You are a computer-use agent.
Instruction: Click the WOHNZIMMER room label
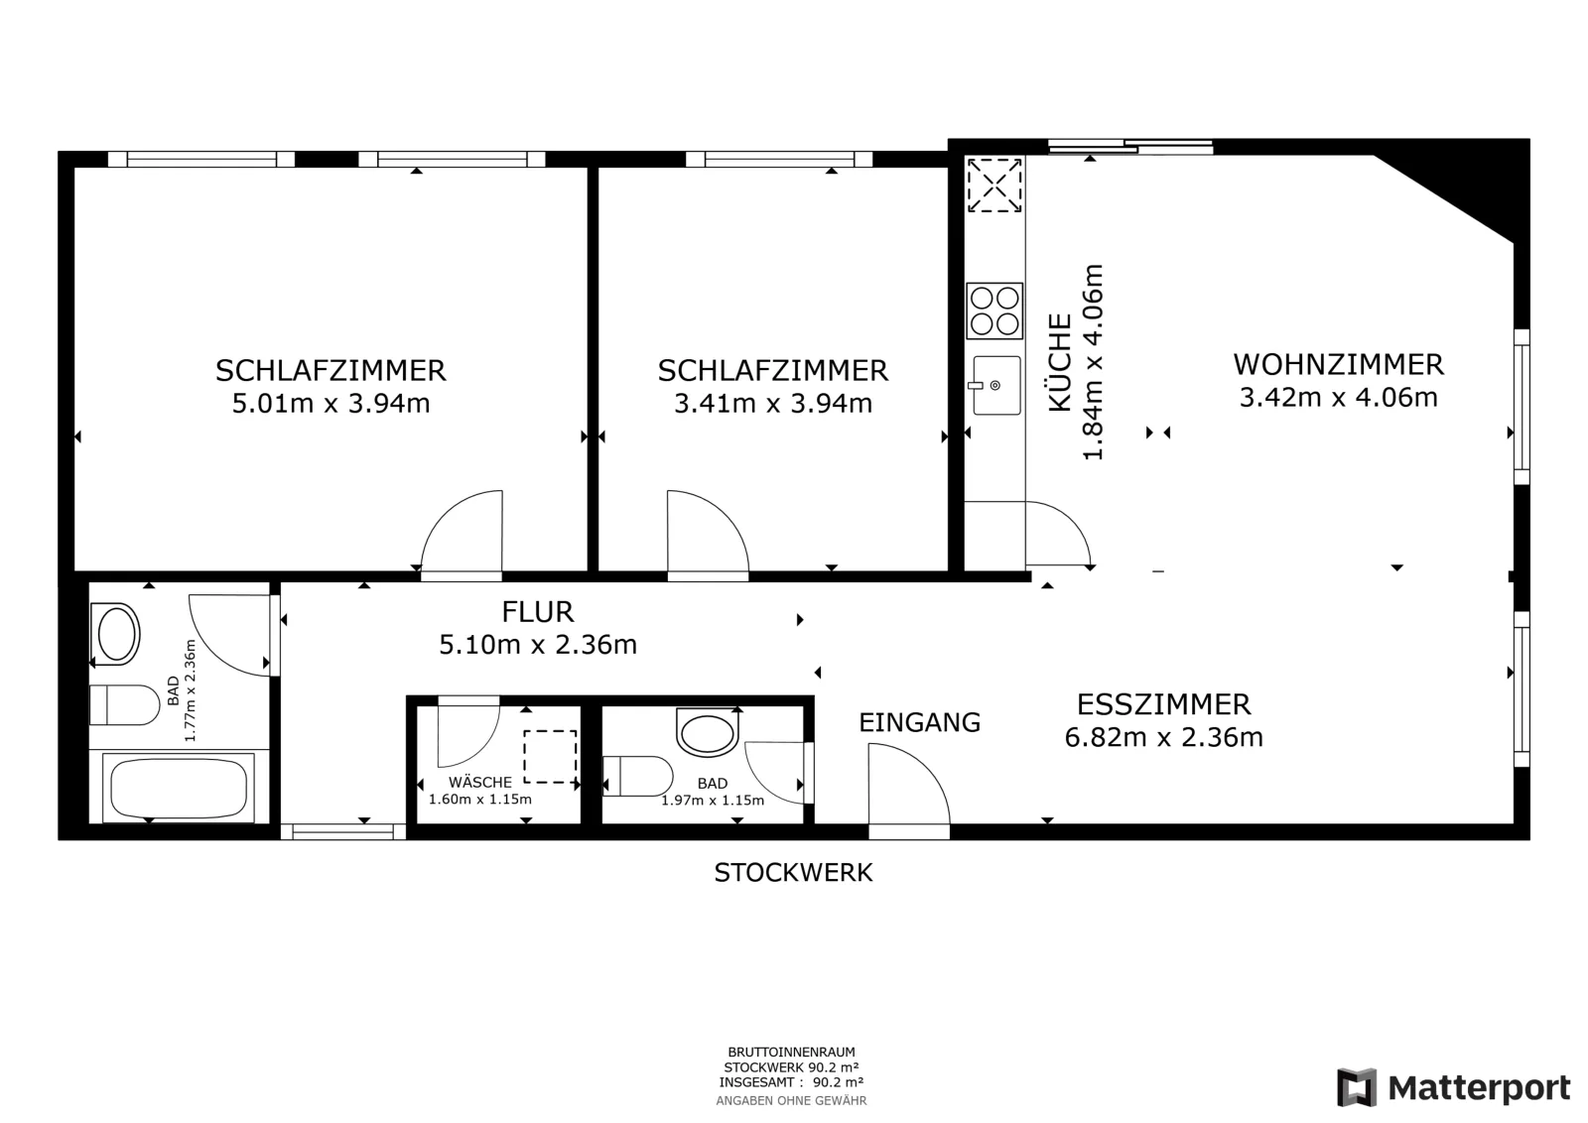pos(1338,365)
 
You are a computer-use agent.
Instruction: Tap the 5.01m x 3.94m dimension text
pos(331,403)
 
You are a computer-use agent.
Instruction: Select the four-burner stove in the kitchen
pos(994,312)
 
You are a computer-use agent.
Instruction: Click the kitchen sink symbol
pos(995,385)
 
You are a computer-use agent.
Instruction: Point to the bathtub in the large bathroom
pos(179,787)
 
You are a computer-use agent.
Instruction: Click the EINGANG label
pos(919,722)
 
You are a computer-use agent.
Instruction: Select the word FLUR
pos(537,611)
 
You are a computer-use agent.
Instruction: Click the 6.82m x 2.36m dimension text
pos(1163,737)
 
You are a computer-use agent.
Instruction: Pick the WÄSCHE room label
pos(480,782)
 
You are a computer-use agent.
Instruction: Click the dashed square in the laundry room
pos(550,757)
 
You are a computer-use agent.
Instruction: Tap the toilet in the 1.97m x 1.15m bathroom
pos(637,776)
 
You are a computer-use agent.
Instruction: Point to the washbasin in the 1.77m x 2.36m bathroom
pos(115,634)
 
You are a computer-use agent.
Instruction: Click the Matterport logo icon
pos(1357,1087)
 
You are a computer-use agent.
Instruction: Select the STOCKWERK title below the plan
pos(793,873)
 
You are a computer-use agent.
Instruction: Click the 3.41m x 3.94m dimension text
pos(773,403)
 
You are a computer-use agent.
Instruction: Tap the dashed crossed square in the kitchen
pos(994,185)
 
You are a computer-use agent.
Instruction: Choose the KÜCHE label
pos(1060,362)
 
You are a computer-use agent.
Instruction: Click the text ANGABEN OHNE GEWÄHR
pos(791,1100)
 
